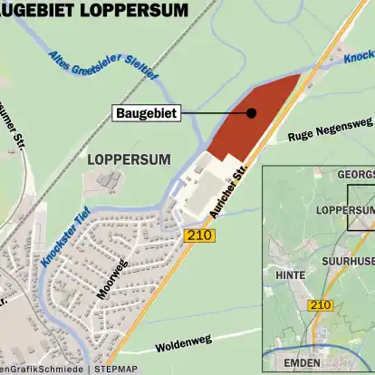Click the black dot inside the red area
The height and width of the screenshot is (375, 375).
(251, 113)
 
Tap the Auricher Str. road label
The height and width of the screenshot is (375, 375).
(227, 189)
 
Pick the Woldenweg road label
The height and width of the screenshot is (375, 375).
(183, 343)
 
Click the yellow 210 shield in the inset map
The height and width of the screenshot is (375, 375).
(319, 305)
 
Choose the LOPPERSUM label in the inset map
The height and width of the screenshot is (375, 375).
(345, 210)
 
